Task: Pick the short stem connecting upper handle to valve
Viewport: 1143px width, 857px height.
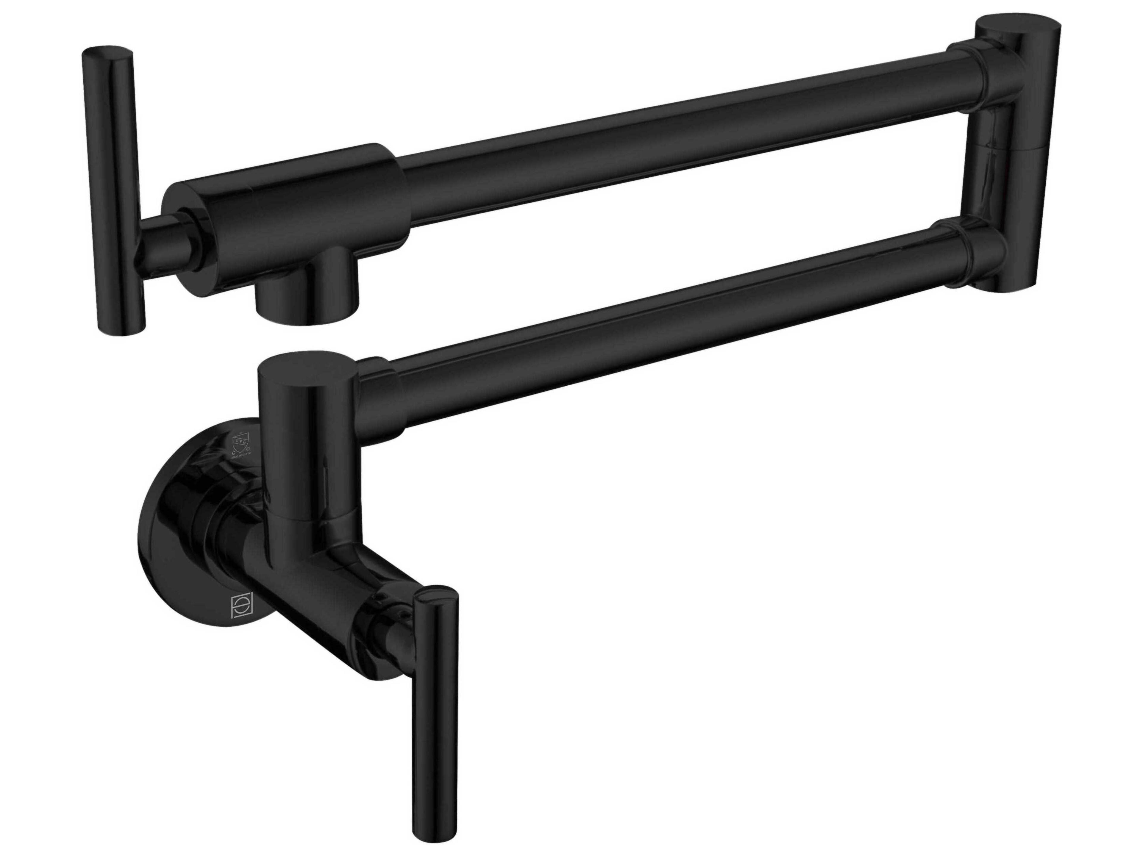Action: coord(160,248)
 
